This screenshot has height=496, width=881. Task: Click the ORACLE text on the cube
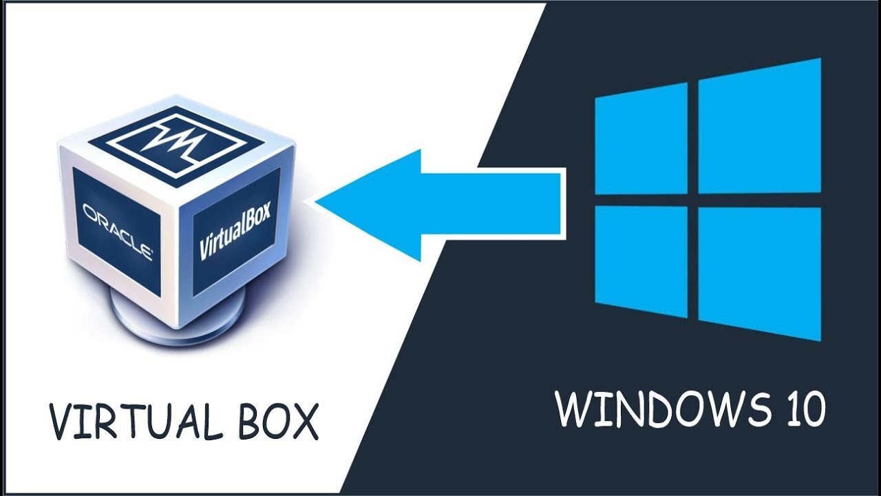(x=118, y=230)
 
